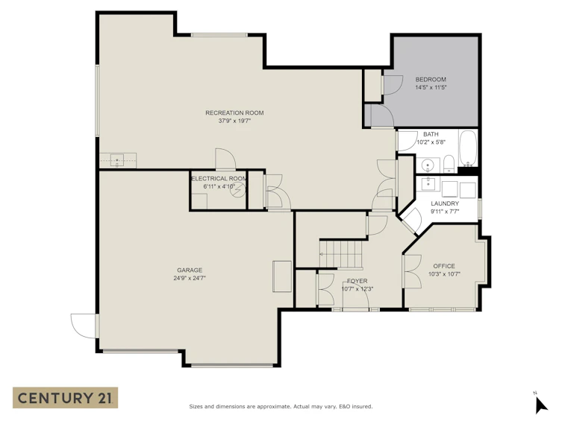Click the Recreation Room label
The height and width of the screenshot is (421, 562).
[234, 113]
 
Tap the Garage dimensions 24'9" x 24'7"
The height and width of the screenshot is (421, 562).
[190, 278]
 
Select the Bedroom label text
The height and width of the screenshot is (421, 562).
[431, 80]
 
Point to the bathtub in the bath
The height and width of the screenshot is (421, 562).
[468, 148]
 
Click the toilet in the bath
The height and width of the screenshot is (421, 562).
[449, 163]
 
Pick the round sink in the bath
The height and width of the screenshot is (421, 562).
[428, 165]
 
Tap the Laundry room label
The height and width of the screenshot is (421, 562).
[445, 203]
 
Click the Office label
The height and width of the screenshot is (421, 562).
[444, 266]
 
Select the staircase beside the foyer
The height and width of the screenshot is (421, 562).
[340, 254]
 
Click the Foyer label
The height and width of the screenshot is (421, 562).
[357, 281]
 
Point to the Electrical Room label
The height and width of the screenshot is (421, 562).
[219, 179]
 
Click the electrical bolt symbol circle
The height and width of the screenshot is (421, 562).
[237, 190]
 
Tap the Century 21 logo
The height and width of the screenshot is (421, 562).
[65, 398]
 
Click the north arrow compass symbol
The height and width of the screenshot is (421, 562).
[541, 405]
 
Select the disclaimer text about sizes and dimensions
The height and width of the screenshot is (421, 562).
[281, 406]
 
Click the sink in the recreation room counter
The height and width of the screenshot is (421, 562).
[117, 161]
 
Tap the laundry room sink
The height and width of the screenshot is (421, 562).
[428, 183]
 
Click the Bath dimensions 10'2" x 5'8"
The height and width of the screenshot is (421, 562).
[431, 142]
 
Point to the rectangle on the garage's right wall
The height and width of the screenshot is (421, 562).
[282, 276]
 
